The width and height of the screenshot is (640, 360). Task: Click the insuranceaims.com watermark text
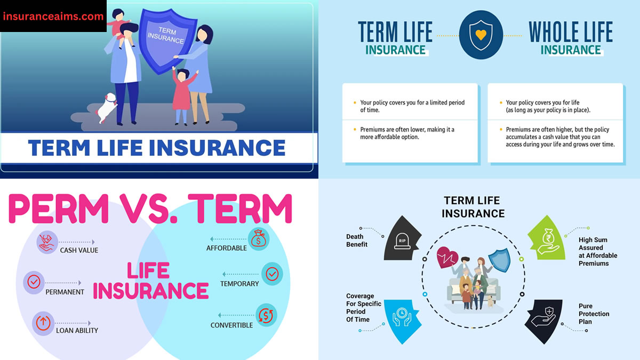[53, 16]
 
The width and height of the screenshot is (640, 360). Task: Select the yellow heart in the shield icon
[481, 36]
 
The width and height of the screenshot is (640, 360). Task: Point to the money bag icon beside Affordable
[259, 238]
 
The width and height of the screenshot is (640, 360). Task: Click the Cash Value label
[79, 250]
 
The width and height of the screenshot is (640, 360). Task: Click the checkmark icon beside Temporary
[272, 274]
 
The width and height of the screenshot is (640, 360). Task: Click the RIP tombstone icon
[402, 240]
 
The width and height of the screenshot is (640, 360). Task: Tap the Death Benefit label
[357, 241]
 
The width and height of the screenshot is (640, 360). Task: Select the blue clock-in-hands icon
[401, 317]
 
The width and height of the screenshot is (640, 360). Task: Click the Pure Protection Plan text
[594, 314]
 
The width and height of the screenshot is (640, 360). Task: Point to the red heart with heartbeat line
[446, 258]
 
